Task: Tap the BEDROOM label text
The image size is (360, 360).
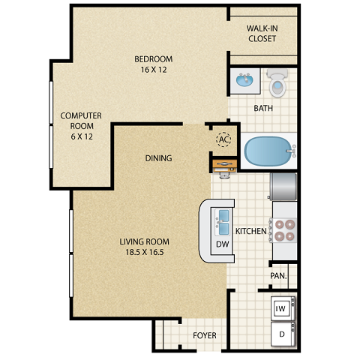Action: point(154,59)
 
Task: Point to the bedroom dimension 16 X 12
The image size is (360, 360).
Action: point(154,70)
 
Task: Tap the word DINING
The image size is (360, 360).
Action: point(159,158)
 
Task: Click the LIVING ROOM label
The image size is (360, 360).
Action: point(145,241)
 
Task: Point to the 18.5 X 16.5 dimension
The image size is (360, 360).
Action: point(145,253)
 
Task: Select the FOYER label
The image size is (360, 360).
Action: point(205,336)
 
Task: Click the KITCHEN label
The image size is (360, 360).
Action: point(251,232)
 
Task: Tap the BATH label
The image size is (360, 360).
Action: point(263,109)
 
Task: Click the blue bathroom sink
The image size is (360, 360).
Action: point(244,80)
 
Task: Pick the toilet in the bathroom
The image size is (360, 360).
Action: point(277,83)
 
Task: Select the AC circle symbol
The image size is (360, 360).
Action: point(223,139)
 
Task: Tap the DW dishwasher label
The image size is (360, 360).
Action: point(223,244)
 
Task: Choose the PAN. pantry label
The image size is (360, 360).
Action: point(279,276)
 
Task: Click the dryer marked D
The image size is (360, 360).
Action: point(282,332)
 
